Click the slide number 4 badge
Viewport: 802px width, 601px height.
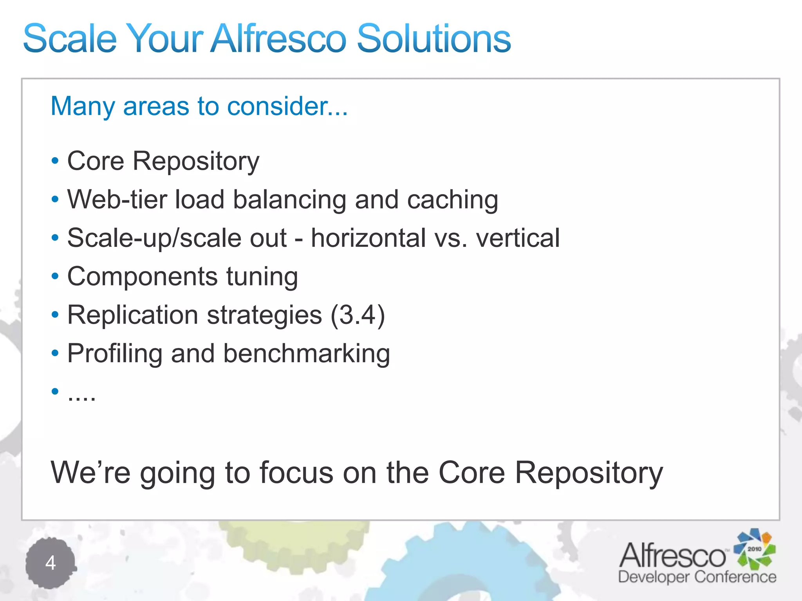(x=51, y=563)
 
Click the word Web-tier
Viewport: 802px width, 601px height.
(x=117, y=200)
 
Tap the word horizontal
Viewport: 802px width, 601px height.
(x=368, y=238)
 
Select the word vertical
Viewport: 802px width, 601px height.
(x=518, y=238)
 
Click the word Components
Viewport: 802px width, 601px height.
(x=142, y=277)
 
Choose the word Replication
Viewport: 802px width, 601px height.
(x=133, y=315)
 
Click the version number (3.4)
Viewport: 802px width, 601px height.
(x=358, y=315)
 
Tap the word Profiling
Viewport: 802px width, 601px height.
(x=115, y=354)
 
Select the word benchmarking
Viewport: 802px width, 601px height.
(x=307, y=354)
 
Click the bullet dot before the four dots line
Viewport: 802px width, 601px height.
(x=55, y=391)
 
